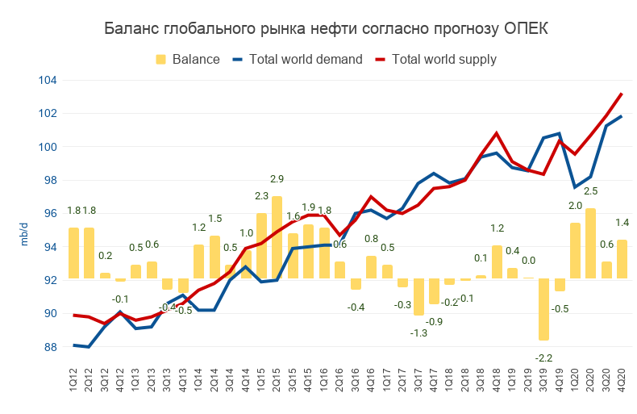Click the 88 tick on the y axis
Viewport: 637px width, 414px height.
(x=52, y=347)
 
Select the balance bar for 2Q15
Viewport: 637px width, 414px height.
(x=277, y=238)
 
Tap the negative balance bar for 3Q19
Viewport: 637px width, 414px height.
(x=544, y=310)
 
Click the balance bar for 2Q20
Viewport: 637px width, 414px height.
(x=591, y=244)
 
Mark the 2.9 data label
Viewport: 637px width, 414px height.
(x=277, y=178)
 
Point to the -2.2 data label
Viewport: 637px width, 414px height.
(x=544, y=358)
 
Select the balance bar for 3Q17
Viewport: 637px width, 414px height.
(x=419, y=298)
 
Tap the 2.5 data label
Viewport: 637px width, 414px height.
(x=591, y=190)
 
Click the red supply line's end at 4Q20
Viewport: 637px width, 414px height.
(x=622, y=94)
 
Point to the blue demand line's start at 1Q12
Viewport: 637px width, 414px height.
(x=74, y=345)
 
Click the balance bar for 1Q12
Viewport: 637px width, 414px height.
(x=74, y=253)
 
